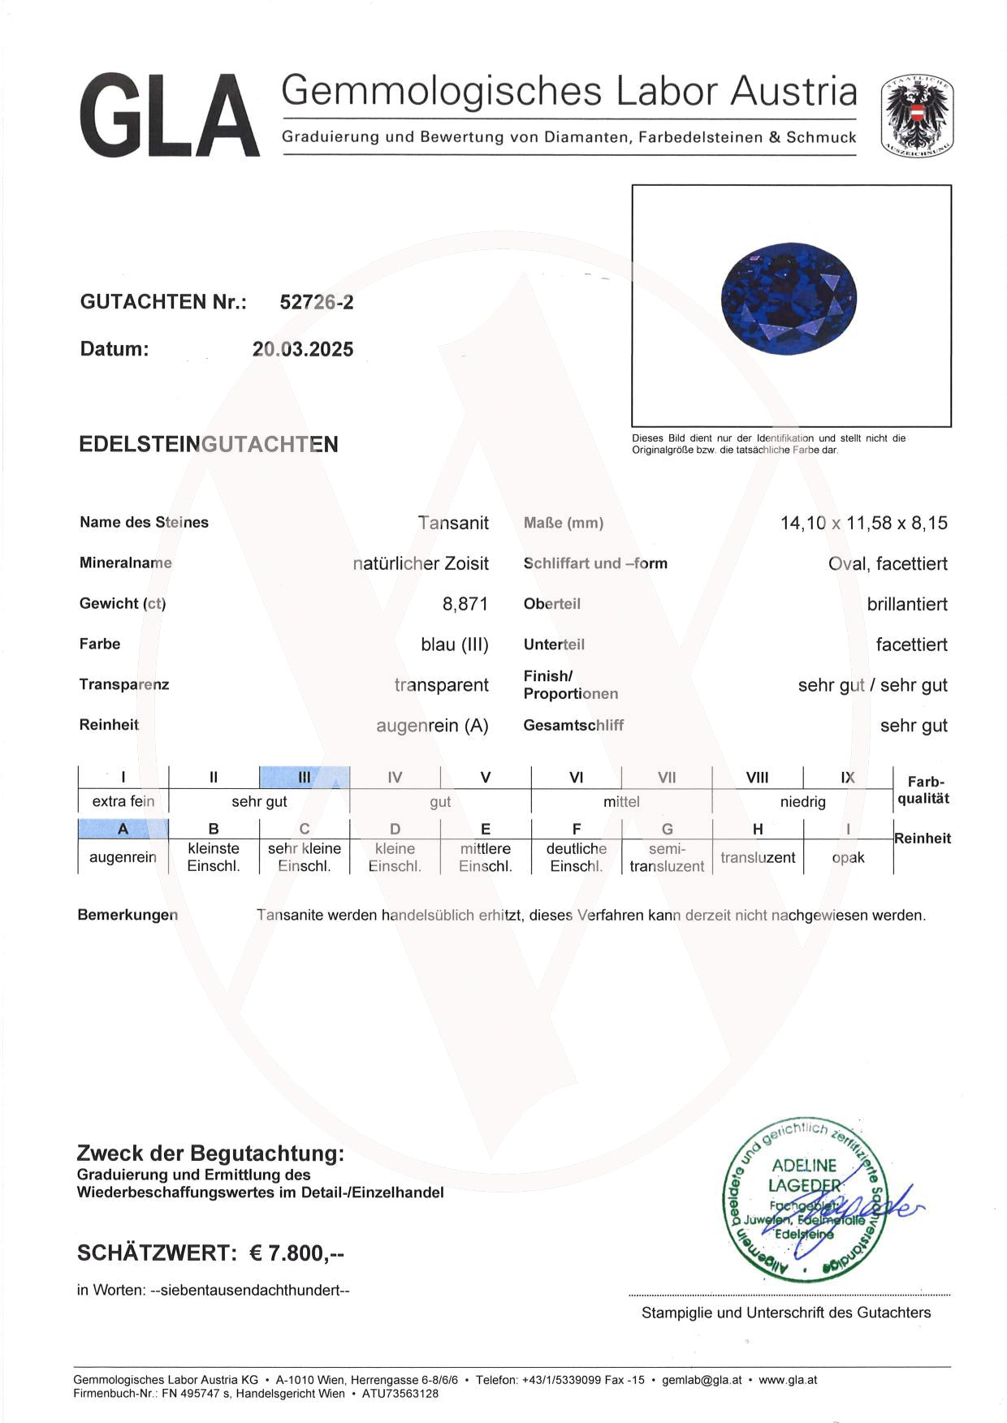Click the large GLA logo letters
click(x=170, y=115)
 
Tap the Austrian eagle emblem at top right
click(x=917, y=116)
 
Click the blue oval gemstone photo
click(x=789, y=302)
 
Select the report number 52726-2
click(x=316, y=302)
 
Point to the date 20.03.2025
click(x=303, y=349)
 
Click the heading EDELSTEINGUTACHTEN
click(x=209, y=444)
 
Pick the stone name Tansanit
click(x=453, y=523)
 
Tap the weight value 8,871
click(x=465, y=604)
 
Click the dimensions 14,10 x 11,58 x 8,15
click(x=863, y=523)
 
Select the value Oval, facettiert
click(x=888, y=563)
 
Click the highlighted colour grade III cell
click(x=305, y=777)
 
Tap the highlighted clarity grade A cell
click(x=123, y=829)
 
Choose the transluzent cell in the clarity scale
click(x=757, y=857)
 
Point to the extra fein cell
click(x=123, y=801)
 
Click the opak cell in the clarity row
click(x=848, y=857)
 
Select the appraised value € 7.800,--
click(x=296, y=1253)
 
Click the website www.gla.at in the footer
click(x=788, y=1379)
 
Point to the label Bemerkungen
click(x=127, y=915)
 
